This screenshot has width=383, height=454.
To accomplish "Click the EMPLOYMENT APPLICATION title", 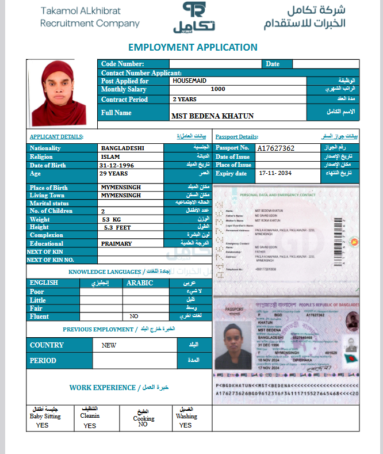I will [193, 47].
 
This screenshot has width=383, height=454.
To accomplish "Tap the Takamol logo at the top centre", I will [194, 17].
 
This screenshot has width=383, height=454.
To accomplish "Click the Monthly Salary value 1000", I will [218, 89].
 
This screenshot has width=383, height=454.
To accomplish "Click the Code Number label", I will [122, 64].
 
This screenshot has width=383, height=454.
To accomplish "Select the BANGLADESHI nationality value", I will [122, 148].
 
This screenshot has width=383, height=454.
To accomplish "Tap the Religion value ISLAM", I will [110, 157].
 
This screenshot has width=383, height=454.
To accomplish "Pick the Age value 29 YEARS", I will [113, 173].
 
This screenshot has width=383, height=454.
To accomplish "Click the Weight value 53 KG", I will [112, 220].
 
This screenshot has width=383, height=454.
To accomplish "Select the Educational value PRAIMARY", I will [116, 243].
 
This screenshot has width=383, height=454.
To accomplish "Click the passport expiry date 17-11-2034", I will [275, 173].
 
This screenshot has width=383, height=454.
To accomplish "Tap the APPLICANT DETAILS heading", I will [56, 137].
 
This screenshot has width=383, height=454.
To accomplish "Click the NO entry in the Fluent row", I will [134, 316].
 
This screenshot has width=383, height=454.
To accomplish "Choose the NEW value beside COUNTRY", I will [109, 345].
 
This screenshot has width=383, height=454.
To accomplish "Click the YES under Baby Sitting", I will [42, 425].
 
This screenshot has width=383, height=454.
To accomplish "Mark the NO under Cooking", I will [143, 424].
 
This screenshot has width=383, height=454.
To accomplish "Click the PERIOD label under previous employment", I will [43, 361].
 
